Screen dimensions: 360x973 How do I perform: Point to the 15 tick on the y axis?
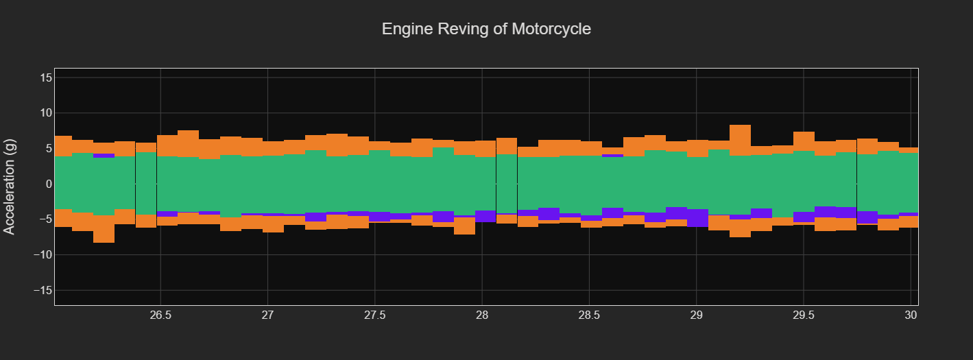[x=45, y=77]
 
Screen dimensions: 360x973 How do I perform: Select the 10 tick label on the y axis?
[x=45, y=113]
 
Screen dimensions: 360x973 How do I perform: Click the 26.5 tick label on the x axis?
[x=160, y=315]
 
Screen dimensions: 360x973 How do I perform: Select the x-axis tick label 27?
[x=267, y=315]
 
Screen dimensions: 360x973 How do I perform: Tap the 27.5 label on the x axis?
[x=374, y=315]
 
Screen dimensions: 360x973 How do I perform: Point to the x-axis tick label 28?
[x=482, y=315]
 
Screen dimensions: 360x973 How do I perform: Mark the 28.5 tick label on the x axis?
[x=589, y=315]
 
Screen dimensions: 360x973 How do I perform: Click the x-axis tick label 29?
[x=696, y=315]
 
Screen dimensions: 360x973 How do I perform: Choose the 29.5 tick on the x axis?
[x=804, y=315]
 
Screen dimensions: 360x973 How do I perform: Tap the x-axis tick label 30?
[x=911, y=315]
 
